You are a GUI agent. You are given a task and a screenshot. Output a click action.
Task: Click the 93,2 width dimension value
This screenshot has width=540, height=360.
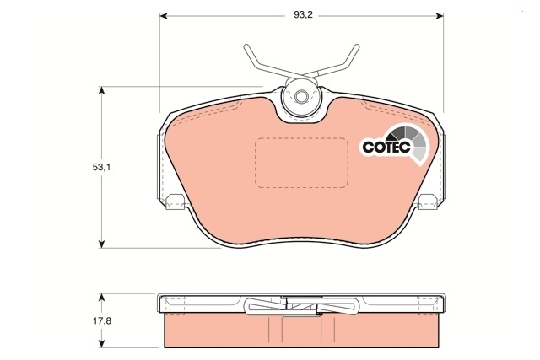[303, 15]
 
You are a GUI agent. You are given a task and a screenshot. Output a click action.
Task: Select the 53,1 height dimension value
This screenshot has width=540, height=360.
[101, 167]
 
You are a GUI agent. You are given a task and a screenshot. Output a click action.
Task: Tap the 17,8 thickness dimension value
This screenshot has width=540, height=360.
[102, 320]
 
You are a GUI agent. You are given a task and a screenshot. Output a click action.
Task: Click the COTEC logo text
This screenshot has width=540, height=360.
[386, 147]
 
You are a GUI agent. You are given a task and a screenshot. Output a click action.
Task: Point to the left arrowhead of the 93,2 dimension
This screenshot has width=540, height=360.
[164, 16]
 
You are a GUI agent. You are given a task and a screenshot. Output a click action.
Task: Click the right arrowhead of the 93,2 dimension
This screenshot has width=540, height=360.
[440, 16]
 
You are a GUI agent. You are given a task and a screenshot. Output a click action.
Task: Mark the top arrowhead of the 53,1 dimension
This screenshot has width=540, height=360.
[101, 90]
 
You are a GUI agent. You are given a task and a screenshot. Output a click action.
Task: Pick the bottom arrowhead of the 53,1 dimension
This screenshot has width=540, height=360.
[101, 244]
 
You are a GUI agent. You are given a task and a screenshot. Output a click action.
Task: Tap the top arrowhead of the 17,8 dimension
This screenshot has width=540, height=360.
[101, 298]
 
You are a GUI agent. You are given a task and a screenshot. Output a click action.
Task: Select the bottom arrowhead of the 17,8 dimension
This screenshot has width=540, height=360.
[101, 343]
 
